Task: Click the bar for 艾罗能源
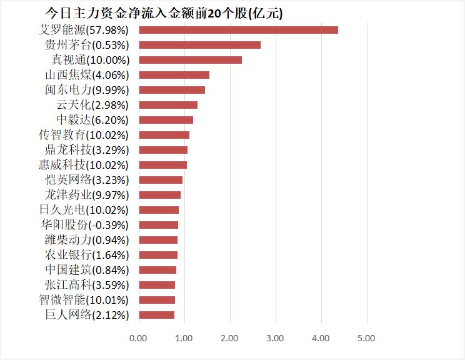(238, 30)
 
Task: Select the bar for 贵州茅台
(199, 45)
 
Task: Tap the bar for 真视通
(190, 60)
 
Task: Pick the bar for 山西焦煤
(174, 75)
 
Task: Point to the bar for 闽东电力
(172, 90)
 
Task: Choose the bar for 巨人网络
(156, 315)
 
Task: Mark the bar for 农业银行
(158, 255)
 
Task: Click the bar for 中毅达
(166, 120)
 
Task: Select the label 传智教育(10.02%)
(84, 135)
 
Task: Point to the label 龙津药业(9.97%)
(86, 195)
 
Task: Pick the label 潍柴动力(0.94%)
(86, 240)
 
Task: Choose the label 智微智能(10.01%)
(84, 300)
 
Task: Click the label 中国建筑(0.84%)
(86, 270)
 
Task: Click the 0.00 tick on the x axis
(138, 338)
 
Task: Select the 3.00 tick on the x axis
(275, 338)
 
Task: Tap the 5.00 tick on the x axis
(366, 338)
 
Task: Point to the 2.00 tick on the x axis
(229, 338)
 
